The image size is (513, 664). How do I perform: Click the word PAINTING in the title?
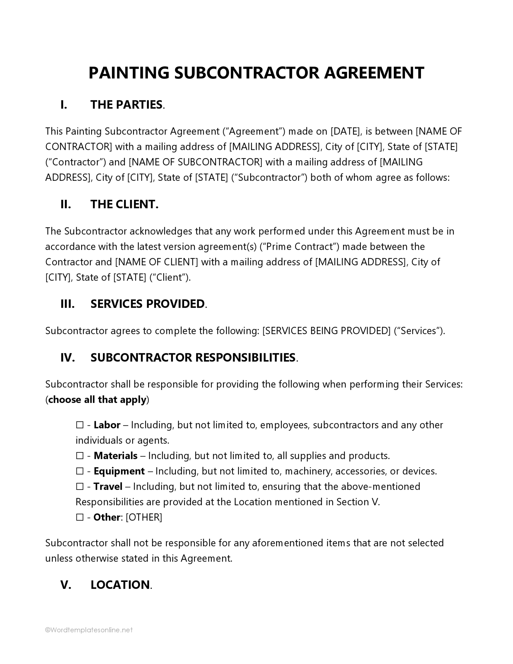129,73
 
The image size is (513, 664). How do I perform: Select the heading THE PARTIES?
126,105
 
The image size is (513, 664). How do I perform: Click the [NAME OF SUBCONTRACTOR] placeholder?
196,162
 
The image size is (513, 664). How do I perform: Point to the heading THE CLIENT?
124,204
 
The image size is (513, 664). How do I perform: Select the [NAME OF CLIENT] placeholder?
156,262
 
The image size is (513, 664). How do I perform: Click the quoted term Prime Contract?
299,246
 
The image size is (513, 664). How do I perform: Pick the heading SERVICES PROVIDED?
147,304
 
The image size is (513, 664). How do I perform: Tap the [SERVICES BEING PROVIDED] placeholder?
326,330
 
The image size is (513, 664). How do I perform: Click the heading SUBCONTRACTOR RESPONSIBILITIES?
193,358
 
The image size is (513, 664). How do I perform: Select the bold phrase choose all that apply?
97,399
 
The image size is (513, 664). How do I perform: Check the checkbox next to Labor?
80,425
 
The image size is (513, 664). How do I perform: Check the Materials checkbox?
80,456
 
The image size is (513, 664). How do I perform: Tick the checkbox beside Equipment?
80,471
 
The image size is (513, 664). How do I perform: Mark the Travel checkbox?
80,486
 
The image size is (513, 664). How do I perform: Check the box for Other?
80,517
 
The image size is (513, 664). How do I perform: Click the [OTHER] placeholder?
144,517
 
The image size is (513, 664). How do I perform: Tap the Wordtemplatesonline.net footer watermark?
89,630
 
